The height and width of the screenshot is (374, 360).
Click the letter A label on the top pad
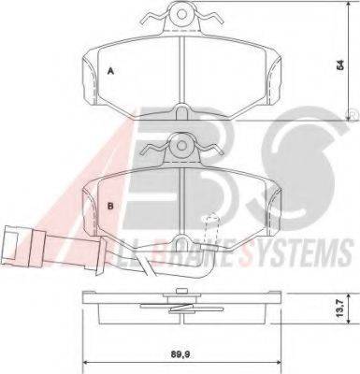click(110, 71)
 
